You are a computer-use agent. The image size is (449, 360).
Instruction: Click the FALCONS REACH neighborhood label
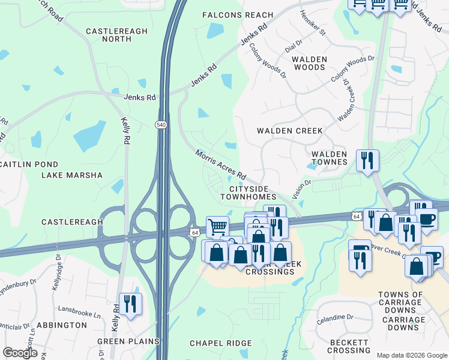point(238,15)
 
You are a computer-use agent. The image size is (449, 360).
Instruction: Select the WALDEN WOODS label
point(309,64)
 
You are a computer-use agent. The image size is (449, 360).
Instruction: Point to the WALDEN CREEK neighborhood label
point(289,131)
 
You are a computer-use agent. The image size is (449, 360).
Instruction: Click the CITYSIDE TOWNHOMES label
point(248,193)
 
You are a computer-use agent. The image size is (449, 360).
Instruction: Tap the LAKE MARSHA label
point(72,175)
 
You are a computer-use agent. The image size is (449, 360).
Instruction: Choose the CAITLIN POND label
point(29,164)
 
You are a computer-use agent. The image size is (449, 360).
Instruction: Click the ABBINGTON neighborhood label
point(62,325)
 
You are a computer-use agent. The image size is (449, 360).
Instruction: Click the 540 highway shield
point(161,124)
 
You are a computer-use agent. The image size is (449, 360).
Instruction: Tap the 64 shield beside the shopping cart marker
point(194,232)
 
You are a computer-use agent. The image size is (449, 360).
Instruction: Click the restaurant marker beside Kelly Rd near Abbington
point(130,304)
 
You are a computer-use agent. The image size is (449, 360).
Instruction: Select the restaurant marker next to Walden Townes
point(367,161)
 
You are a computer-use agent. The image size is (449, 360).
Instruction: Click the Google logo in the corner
point(20,353)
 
